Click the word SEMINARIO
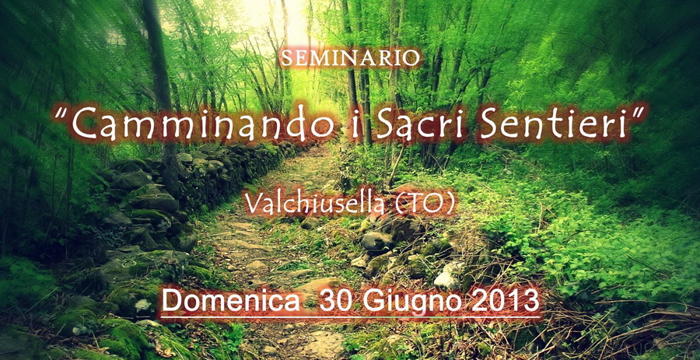(x=350, y=58)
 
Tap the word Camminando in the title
(x=203, y=122)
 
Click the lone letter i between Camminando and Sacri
(x=355, y=123)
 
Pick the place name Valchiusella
(x=314, y=204)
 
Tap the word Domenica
(x=231, y=300)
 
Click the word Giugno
(x=411, y=301)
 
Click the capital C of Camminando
(x=84, y=122)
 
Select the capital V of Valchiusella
(x=253, y=204)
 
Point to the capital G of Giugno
(x=372, y=300)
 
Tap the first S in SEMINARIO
(x=287, y=59)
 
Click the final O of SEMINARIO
(x=411, y=59)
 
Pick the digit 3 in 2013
(x=531, y=300)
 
